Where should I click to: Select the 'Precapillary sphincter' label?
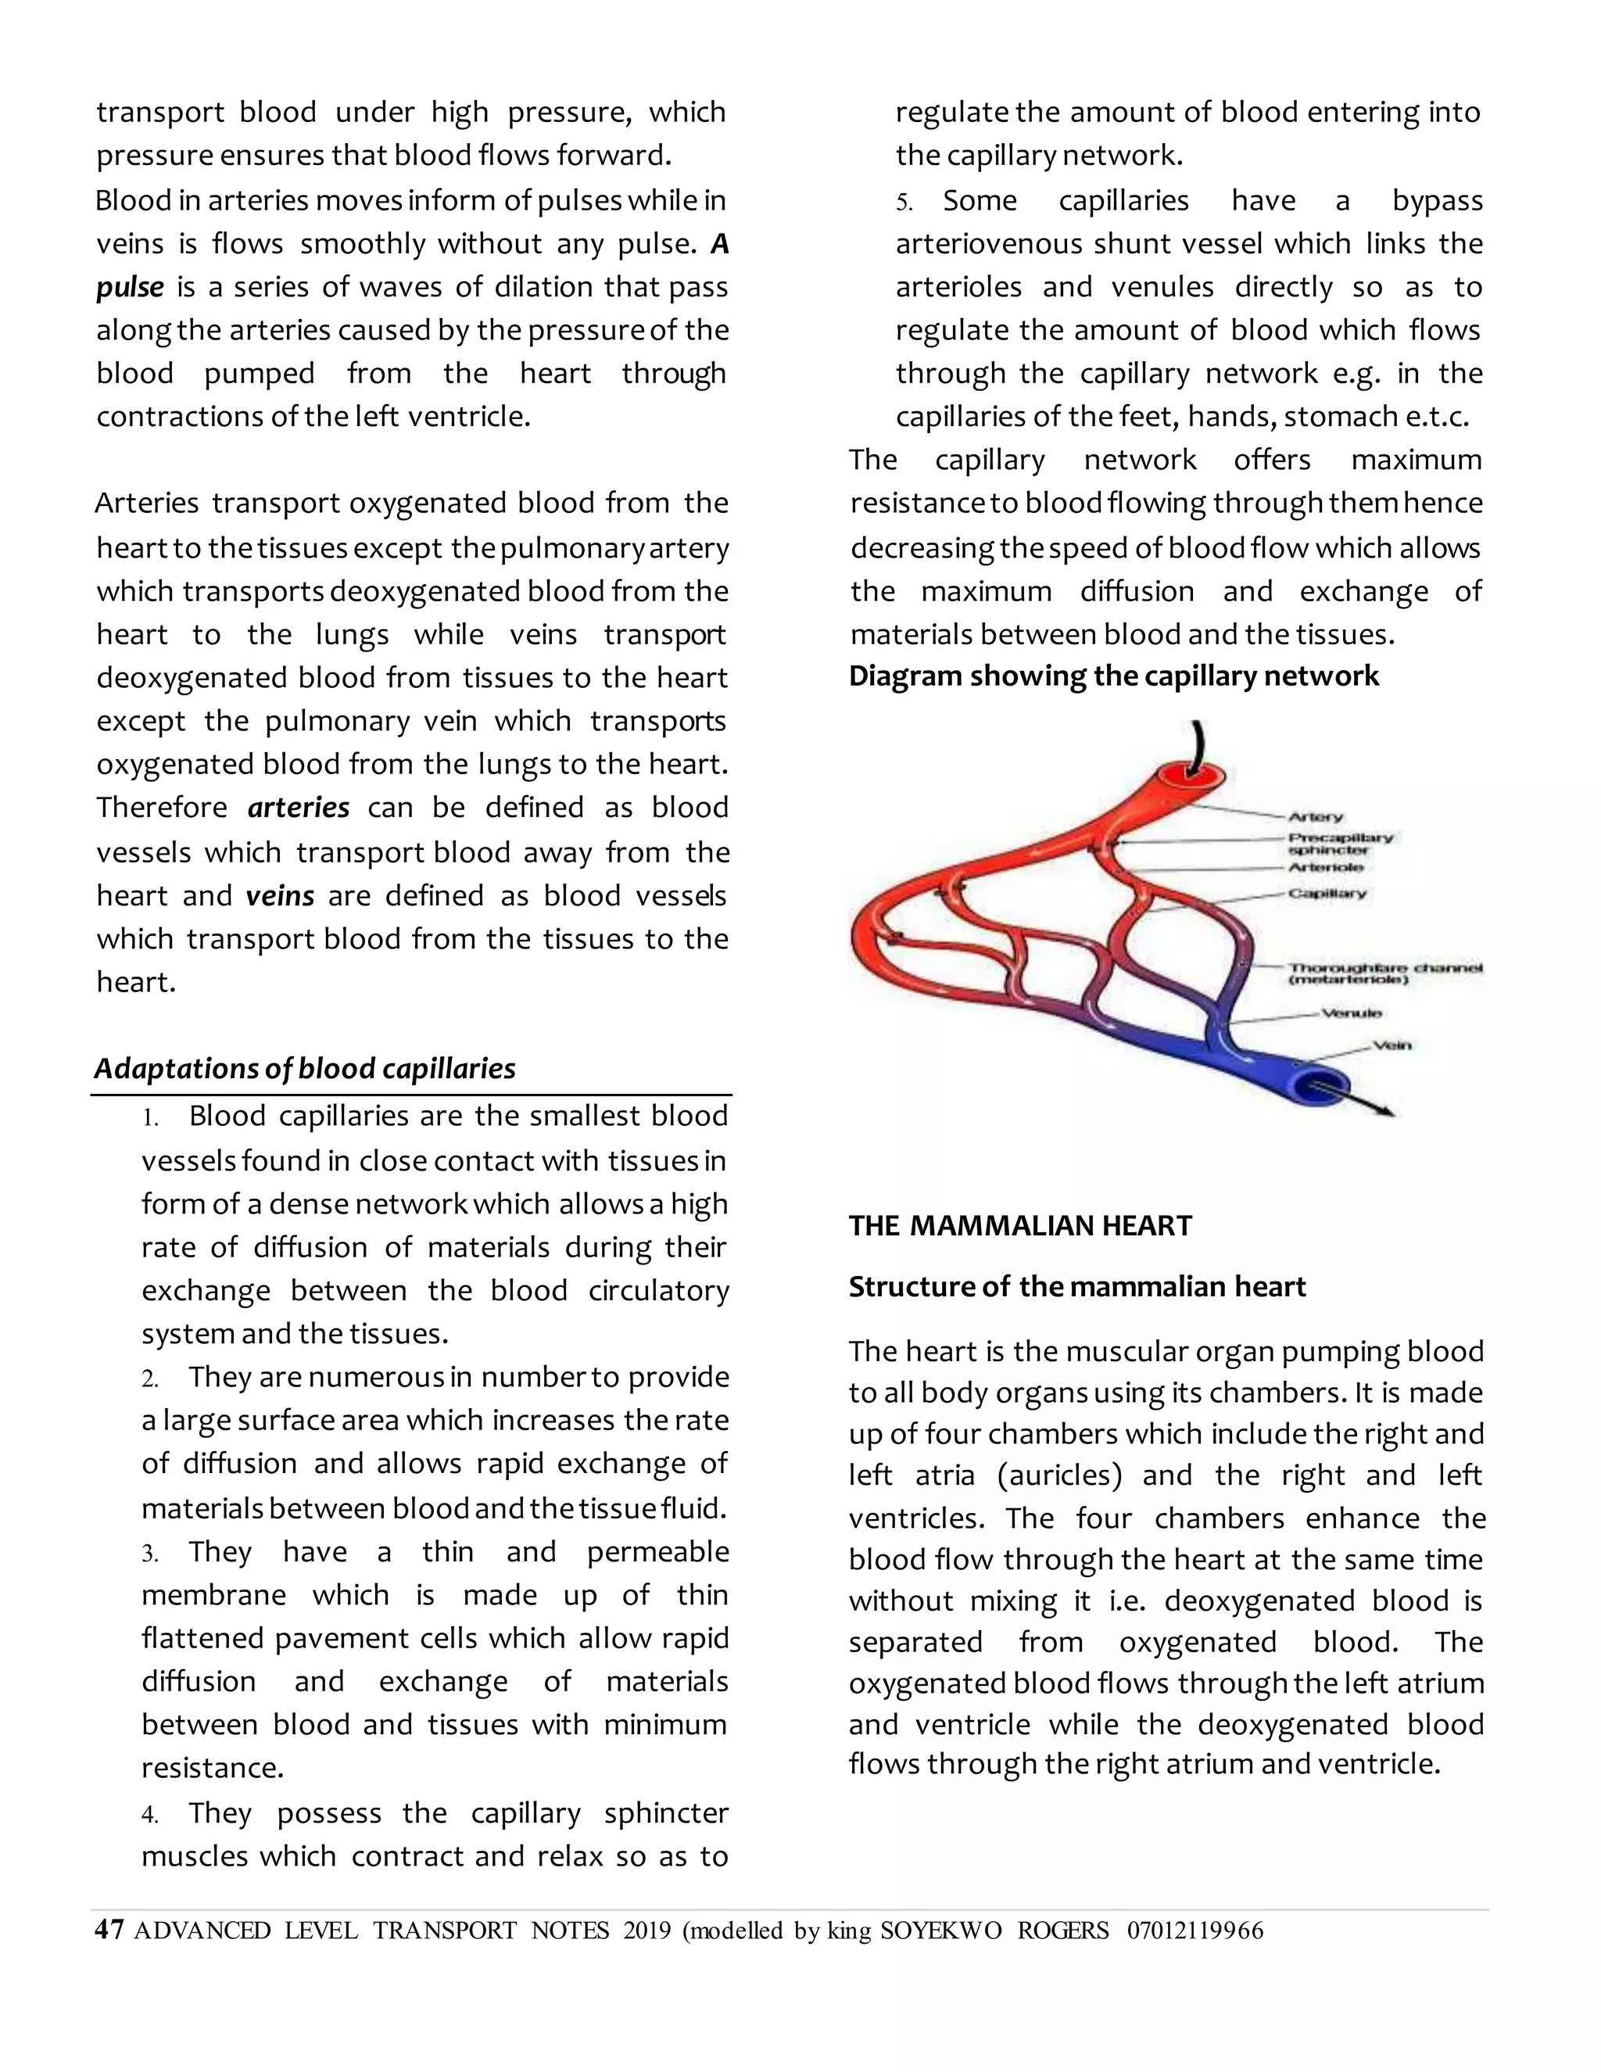[1339, 844]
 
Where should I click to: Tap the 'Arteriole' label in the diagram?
[1325, 867]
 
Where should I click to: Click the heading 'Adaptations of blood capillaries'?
[304, 1069]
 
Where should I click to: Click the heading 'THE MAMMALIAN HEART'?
[1019, 1226]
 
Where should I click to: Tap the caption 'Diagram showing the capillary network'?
[1113, 676]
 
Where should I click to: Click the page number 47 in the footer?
[109, 1930]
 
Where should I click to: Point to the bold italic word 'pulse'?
[130, 286]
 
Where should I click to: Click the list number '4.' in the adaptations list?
[150, 1815]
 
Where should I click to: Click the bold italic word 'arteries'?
[299, 808]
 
